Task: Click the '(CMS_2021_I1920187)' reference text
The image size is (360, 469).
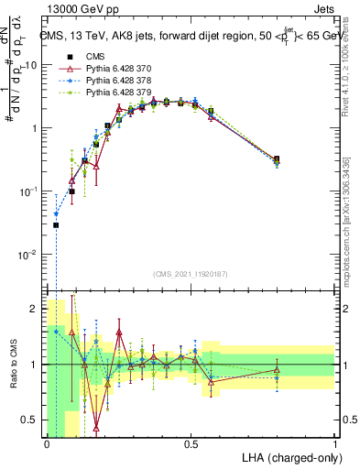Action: tap(191, 274)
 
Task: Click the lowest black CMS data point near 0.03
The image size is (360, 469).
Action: tap(56, 225)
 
